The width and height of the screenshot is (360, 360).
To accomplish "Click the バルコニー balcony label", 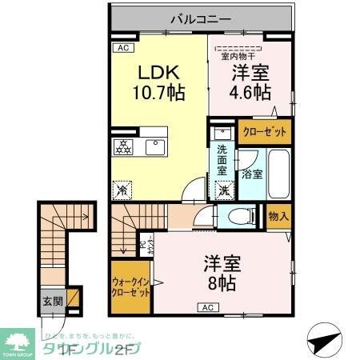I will [200, 17].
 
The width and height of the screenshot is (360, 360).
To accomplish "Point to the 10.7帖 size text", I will [158, 93].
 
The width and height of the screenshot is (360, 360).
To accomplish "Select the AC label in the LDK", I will [124, 48].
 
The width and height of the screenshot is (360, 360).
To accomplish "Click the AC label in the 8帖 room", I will [206, 307].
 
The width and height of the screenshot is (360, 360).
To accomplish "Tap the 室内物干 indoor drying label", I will [238, 56].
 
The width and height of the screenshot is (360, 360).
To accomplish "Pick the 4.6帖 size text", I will [250, 93].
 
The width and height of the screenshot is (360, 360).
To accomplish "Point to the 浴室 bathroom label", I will [251, 174].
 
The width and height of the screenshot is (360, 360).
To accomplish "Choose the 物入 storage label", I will [279, 216].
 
